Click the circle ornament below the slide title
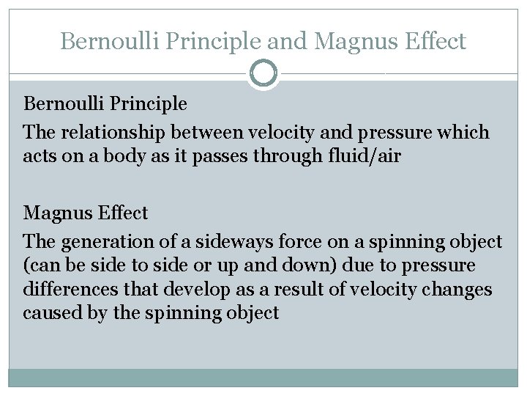(263, 73)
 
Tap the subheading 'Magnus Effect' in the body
(86, 214)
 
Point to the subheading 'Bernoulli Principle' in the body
(105, 104)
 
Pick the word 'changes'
(457, 290)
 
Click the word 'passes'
(237, 155)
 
